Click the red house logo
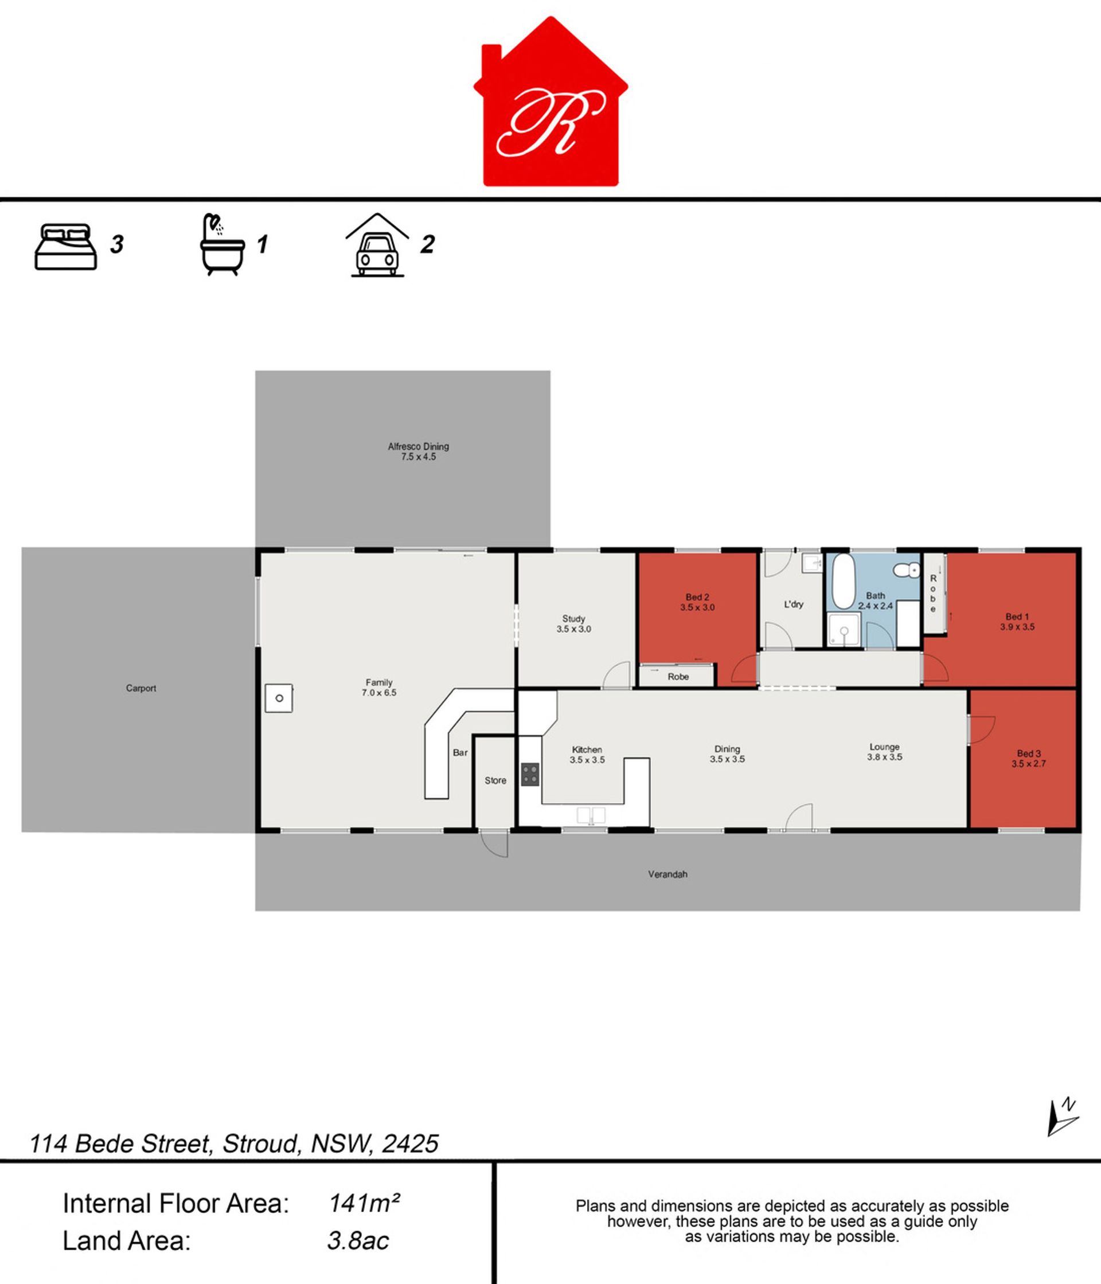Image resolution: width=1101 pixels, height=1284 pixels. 550,102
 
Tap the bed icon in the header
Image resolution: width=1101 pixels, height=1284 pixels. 66,246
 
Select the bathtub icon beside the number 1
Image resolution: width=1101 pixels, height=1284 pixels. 222,244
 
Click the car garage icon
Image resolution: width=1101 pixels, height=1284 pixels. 377,245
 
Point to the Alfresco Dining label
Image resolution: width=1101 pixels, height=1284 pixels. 418,451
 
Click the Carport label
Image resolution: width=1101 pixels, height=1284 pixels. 140,688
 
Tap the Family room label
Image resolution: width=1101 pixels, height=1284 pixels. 378,687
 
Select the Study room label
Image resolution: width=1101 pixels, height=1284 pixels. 574,623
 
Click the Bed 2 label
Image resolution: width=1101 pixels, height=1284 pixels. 697,602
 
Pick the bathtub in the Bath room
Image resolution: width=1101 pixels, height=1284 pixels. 842,581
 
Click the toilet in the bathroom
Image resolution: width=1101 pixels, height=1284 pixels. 907,569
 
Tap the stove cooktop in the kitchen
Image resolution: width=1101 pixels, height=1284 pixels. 530,775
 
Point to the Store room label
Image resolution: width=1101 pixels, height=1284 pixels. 495,780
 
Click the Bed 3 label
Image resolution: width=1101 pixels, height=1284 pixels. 1029,759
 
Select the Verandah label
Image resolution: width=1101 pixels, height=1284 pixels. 667,875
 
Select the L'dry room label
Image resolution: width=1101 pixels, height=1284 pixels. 794,604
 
